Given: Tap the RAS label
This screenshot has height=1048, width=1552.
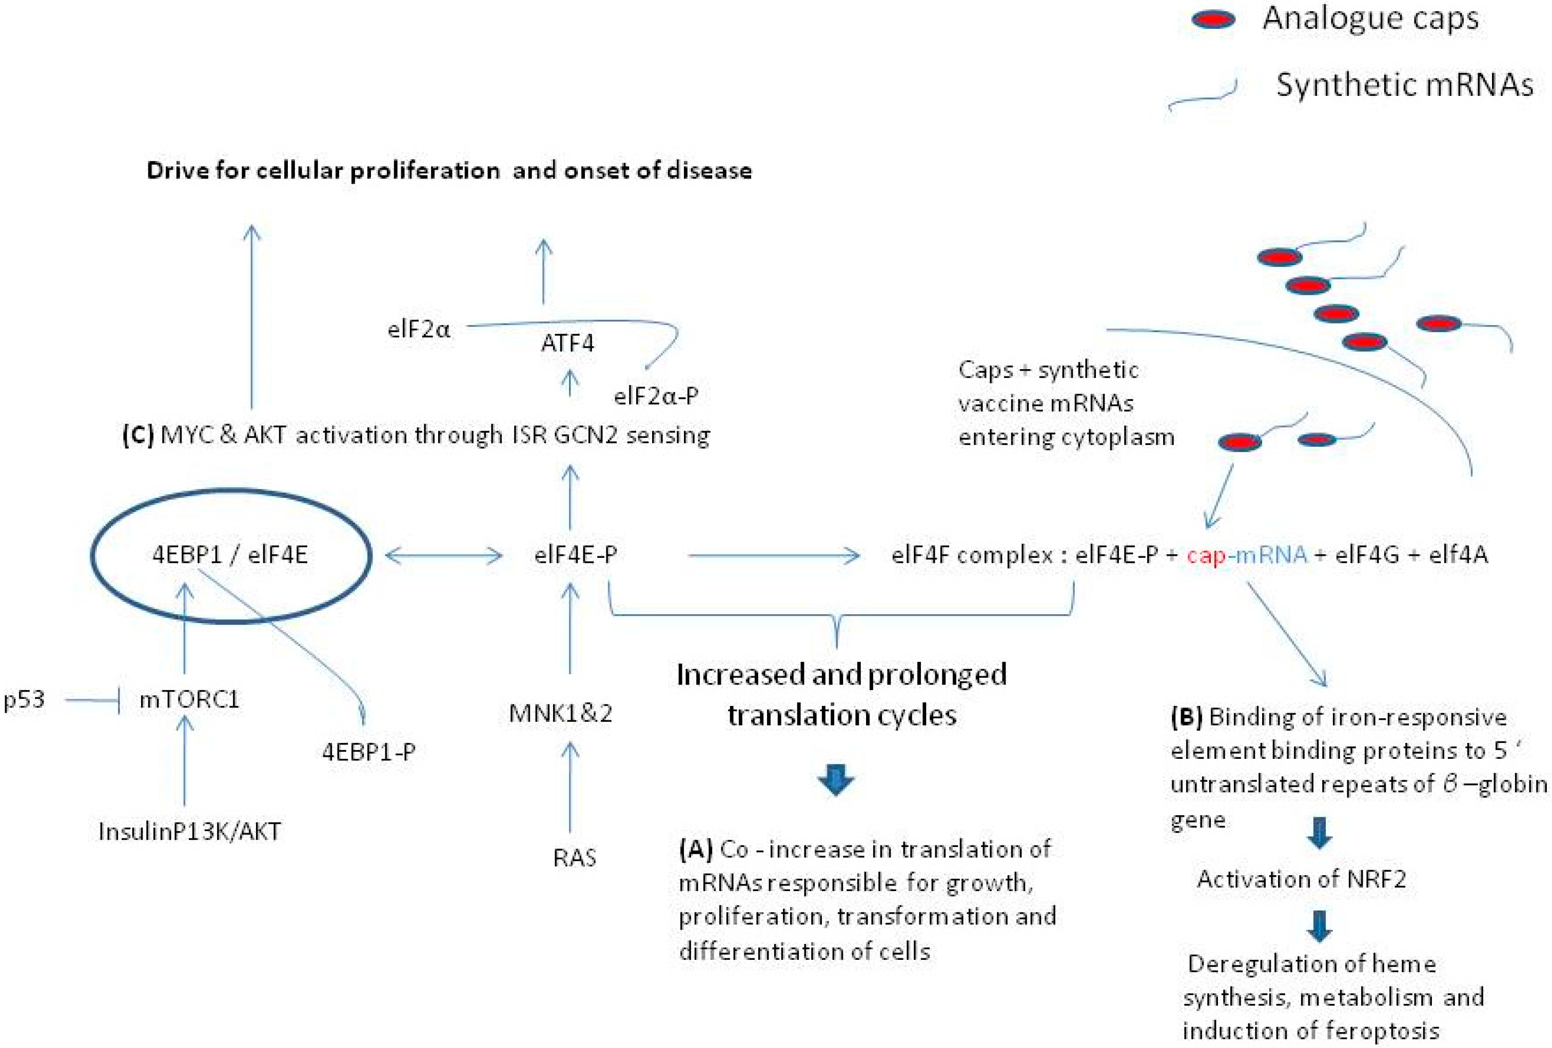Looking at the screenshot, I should [574, 858].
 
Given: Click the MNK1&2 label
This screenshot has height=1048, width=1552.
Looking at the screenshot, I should [560, 714].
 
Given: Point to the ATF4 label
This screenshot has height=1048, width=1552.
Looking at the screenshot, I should [567, 343].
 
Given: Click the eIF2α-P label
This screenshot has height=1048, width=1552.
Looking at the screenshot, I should [656, 396].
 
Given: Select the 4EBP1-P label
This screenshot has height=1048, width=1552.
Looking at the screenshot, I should [369, 752].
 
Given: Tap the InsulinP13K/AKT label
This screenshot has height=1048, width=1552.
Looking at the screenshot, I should [190, 831].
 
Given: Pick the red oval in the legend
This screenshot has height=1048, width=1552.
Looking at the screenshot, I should [1213, 19].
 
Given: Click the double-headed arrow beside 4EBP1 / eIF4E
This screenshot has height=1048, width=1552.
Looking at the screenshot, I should [444, 555].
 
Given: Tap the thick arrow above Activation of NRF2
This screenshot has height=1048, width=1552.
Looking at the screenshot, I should [1319, 832].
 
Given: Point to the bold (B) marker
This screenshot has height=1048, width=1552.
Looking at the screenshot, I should [1187, 717].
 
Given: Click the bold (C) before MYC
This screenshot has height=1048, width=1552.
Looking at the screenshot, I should [138, 435].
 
